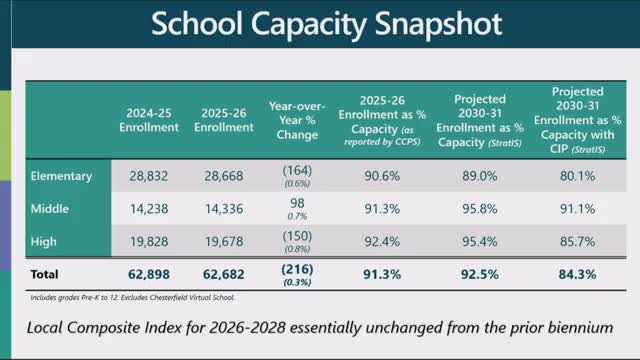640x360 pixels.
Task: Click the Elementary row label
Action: coord(61,176)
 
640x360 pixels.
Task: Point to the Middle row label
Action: coord(51,208)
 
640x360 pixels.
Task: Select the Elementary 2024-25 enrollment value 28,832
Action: coord(154,176)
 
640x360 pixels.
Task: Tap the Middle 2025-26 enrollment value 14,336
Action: coord(224,208)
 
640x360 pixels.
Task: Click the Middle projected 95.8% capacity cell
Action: coord(480,208)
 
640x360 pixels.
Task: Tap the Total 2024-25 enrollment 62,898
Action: coord(154,273)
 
